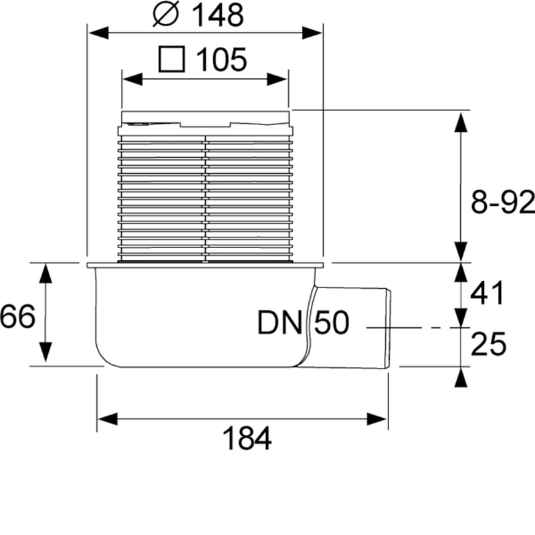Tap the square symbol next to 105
coord(172,60)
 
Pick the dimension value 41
coord(489,294)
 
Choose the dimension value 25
coord(489,345)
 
